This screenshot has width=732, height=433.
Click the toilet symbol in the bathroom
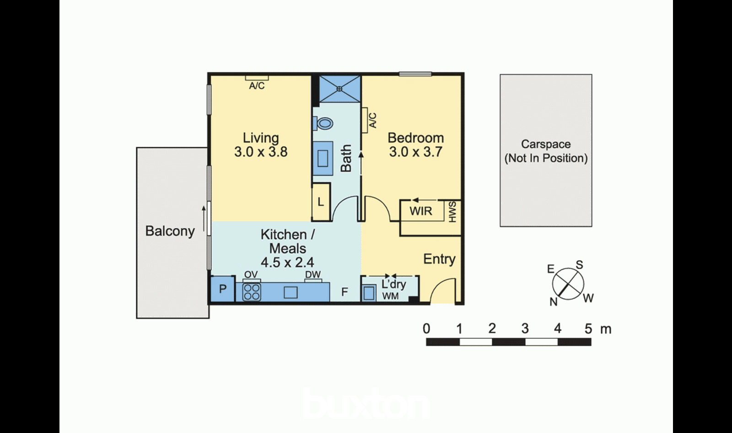(x=323, y=123)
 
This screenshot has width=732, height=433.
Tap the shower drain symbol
(x=339, y=89)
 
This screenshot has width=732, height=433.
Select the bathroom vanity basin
(x=323, y=158)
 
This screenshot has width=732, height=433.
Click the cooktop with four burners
(x=252, y=292)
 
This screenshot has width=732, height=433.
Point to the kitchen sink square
(x=291, y=292)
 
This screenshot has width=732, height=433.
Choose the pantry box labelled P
(x=222, y=289)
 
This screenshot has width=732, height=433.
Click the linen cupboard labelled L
(x=321, y=202)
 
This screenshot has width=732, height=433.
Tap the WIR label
(x=421, y=211)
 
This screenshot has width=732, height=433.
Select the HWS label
(x=452, y=212)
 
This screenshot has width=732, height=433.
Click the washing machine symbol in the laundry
(x=369, y=292)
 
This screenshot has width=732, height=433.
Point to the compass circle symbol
(x=568, y=284)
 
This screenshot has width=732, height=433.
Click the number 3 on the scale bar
(x=525, y=328)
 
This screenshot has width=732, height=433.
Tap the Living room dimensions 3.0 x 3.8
(x=261, y=152)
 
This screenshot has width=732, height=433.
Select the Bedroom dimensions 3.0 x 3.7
(x=416, y=152)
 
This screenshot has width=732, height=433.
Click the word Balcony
(x=170, y=231)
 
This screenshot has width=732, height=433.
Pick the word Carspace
(x=546, y=144)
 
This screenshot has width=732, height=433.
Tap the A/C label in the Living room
(x=257, y=86)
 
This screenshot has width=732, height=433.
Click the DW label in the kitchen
(x=313, y=275)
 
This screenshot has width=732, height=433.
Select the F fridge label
(x=344, y=292)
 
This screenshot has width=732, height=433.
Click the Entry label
(x=439, y=259)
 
